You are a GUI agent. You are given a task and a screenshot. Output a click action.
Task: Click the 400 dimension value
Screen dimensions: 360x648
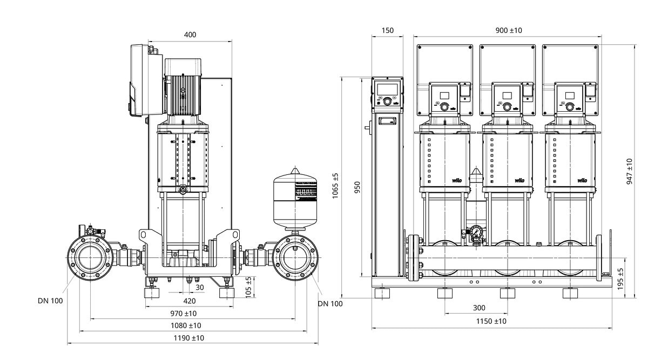click(190, 35)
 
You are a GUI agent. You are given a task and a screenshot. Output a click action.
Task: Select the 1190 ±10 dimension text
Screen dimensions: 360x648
click(190, 338)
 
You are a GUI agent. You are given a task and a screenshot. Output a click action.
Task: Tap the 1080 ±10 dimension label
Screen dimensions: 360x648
click(186, 325)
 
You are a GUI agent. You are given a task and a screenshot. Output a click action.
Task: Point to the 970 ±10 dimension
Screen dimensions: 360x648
click(183, 313)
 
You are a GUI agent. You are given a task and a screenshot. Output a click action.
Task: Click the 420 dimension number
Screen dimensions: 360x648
click(190, 301)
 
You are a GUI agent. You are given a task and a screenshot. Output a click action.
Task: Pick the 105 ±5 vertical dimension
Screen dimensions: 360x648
click(248, 287)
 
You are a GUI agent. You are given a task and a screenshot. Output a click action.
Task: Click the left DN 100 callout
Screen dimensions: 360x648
click(50, 301)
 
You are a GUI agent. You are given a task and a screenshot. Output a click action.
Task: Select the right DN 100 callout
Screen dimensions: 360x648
click(330, 304)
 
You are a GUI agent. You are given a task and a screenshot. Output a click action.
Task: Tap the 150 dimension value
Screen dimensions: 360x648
click(387, 31)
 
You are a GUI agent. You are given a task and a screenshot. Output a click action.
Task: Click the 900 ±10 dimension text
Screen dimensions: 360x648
click(509, 31)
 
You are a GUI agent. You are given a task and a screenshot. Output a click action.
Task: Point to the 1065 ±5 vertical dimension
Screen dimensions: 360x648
click(335, 186)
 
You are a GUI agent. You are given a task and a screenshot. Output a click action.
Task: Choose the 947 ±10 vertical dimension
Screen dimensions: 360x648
click(630, 172)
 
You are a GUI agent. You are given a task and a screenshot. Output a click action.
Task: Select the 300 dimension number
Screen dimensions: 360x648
click(478, 308)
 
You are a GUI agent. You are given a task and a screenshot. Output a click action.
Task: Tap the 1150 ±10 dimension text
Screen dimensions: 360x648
click(491, 321)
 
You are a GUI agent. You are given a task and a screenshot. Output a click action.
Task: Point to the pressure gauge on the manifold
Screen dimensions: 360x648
click(476, 232)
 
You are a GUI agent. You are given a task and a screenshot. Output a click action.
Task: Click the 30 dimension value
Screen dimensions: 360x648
click(200, 288)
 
